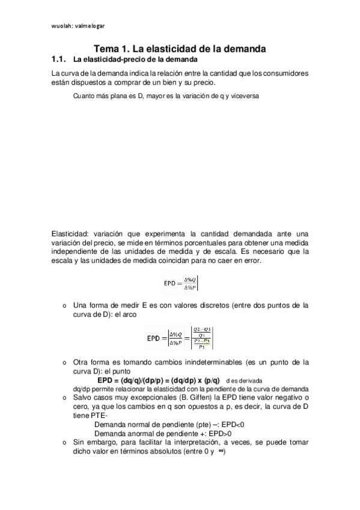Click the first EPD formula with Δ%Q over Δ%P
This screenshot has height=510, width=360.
tap(180, 281)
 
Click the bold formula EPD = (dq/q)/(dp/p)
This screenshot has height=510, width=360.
tap(159, 381)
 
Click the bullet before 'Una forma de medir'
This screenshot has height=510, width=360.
tap(64, 306)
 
